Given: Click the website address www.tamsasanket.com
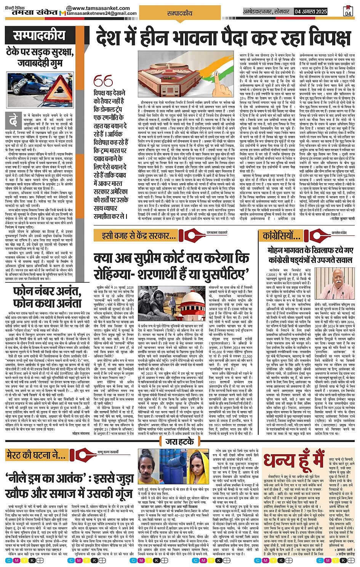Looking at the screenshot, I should point(101,8).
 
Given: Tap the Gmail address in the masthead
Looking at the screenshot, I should point(101,13).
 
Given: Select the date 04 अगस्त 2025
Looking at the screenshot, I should point(311,12).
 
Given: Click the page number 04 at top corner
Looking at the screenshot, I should point(348,12).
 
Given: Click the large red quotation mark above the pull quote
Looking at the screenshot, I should point(102,81).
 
